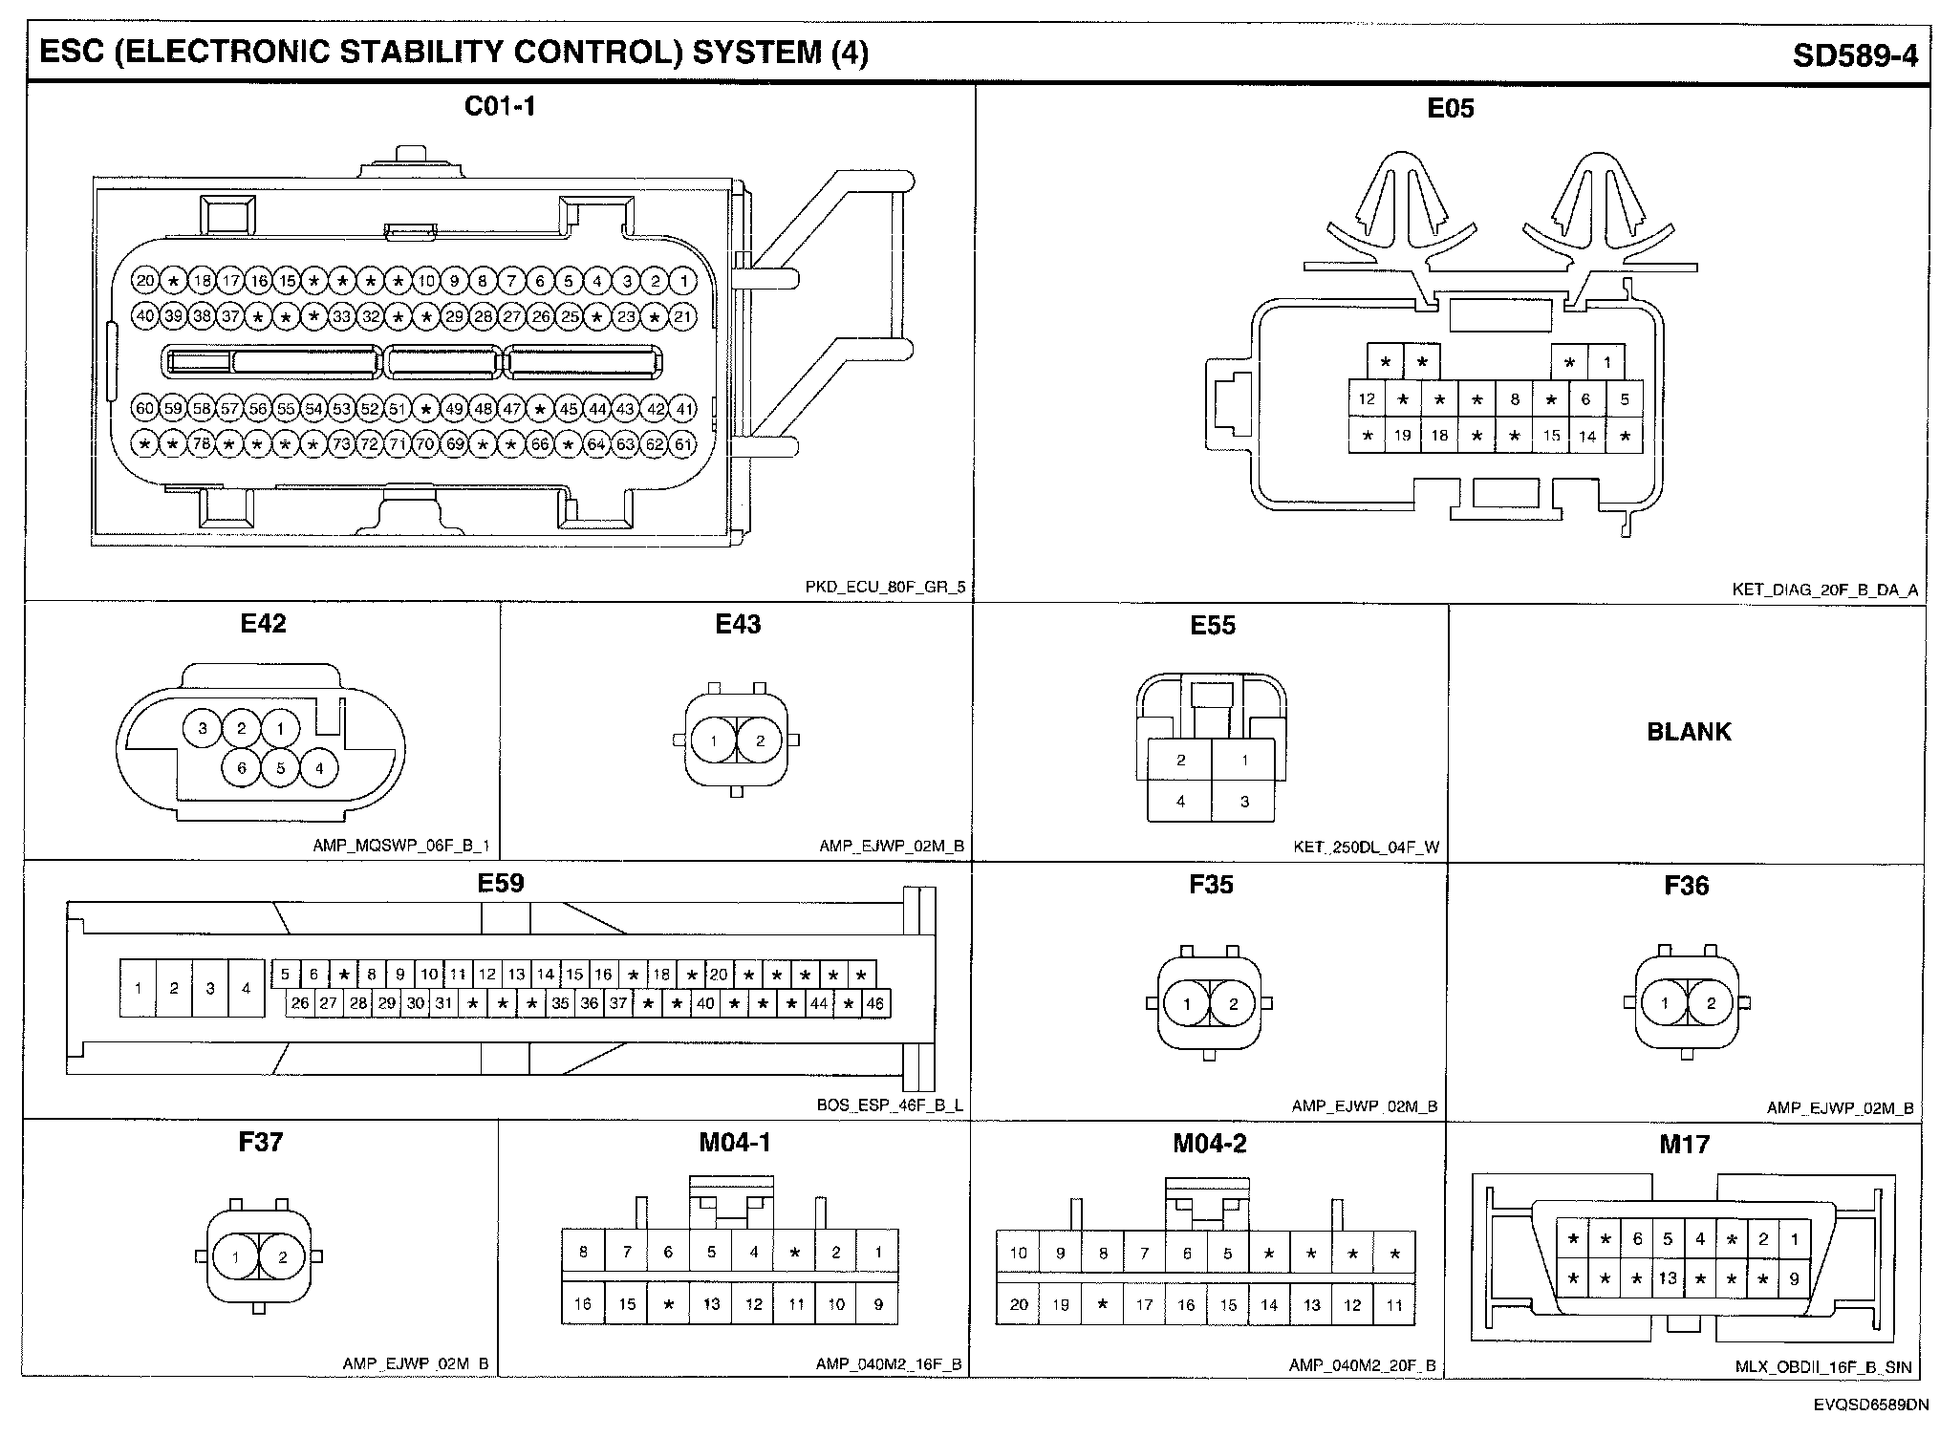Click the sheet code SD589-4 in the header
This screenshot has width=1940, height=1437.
[1854, 54]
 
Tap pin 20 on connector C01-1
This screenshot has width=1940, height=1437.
[145, 281]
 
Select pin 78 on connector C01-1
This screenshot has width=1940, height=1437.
[202, 444]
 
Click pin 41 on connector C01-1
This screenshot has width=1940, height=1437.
[683, 409]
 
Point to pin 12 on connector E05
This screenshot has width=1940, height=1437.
[1367, 399]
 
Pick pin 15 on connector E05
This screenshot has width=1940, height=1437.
[1551, 436]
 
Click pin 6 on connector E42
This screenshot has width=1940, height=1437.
[241, 768]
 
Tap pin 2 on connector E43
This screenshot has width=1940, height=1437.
[760, 740]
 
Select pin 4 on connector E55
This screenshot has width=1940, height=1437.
[1180, 801]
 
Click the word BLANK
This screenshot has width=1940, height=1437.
[1688, 732]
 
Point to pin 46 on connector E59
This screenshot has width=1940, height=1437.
[874, 1003]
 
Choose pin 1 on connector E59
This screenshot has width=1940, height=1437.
[139, 987]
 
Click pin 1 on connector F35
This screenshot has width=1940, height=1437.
[1187, 1003]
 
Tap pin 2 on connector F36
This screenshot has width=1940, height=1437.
[1711, 1003]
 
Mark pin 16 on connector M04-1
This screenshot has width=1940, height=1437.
[583, 1304]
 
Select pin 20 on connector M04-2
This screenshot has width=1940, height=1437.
[1018, 1305]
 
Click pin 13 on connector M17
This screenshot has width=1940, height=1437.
[1668, 1278]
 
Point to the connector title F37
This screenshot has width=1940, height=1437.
[260, 1142]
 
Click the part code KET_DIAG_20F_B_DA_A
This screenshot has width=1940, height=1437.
[1824, 590]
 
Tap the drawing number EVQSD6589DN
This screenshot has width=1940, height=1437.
[1860, 1405]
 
